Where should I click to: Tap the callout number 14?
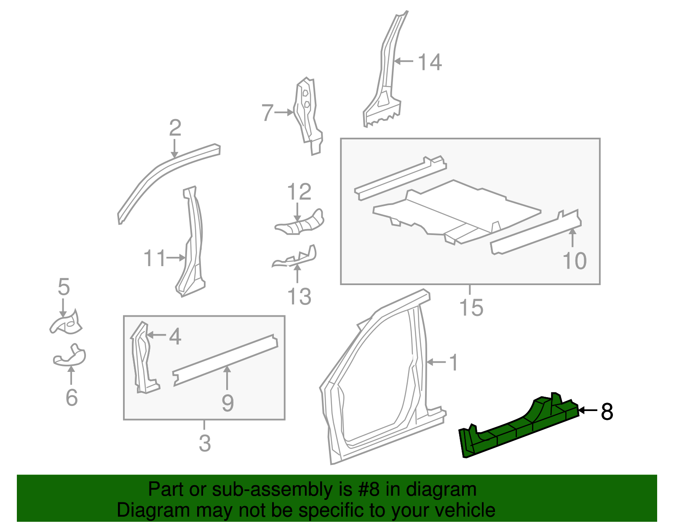point(430,62)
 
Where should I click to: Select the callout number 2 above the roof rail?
point(175,128)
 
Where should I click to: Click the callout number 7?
point(267,113)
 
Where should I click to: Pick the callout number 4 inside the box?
point(175,336)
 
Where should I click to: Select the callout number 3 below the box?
point(205,443)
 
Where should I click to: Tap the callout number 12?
point(299,192)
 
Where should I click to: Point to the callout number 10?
point(575,261)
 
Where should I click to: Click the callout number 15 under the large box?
point(471,307)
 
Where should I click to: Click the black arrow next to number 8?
point(588,410)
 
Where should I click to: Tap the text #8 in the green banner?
point(368,489)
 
